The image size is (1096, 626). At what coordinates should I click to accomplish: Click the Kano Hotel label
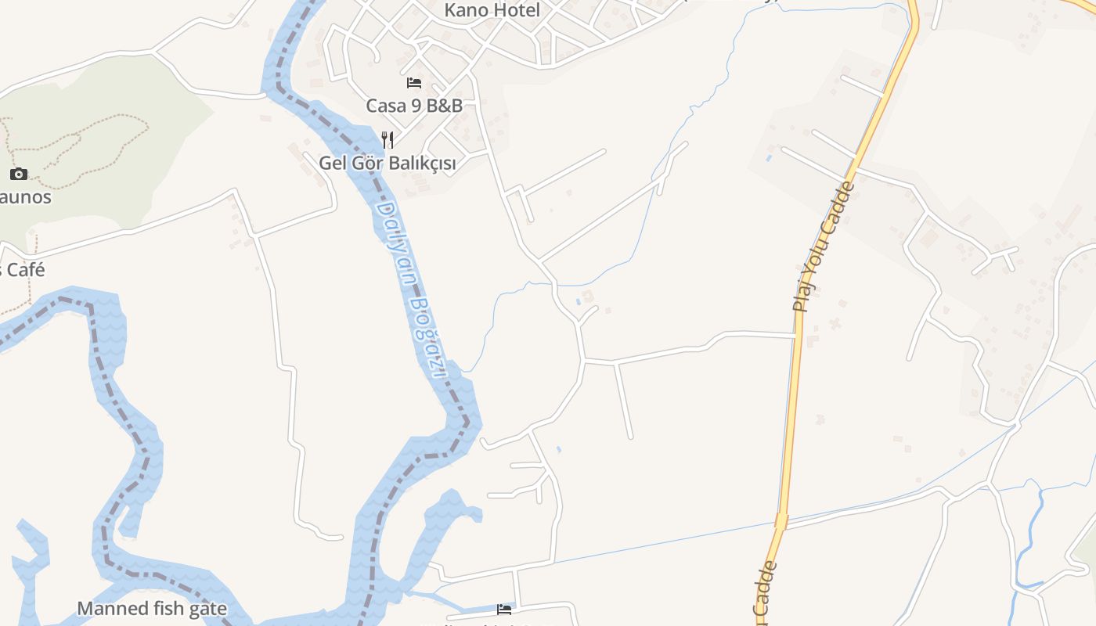pyautogui.click(x=492, y=10)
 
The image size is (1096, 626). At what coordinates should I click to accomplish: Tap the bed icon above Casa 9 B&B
pyautogui.click(x=414, y=83)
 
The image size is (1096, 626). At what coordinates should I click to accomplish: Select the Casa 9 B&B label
pyautogui.click(x=414, y=105)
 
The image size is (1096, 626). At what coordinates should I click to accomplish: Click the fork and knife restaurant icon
pyautogui.click(x=388, y=140)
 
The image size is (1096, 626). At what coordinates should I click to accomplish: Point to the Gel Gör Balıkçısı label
pyautogui.click(x=387, y=163)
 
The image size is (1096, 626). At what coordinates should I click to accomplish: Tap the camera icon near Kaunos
pyautogui.click(x=19, y=174)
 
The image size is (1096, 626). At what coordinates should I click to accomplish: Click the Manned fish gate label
pyautogui.click(x=152, y=608)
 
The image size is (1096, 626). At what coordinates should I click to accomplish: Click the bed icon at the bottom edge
pyautogui.click(x=504, y=609)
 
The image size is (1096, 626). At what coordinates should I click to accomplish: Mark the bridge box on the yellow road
pyautogui.click(x=781, y=520)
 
